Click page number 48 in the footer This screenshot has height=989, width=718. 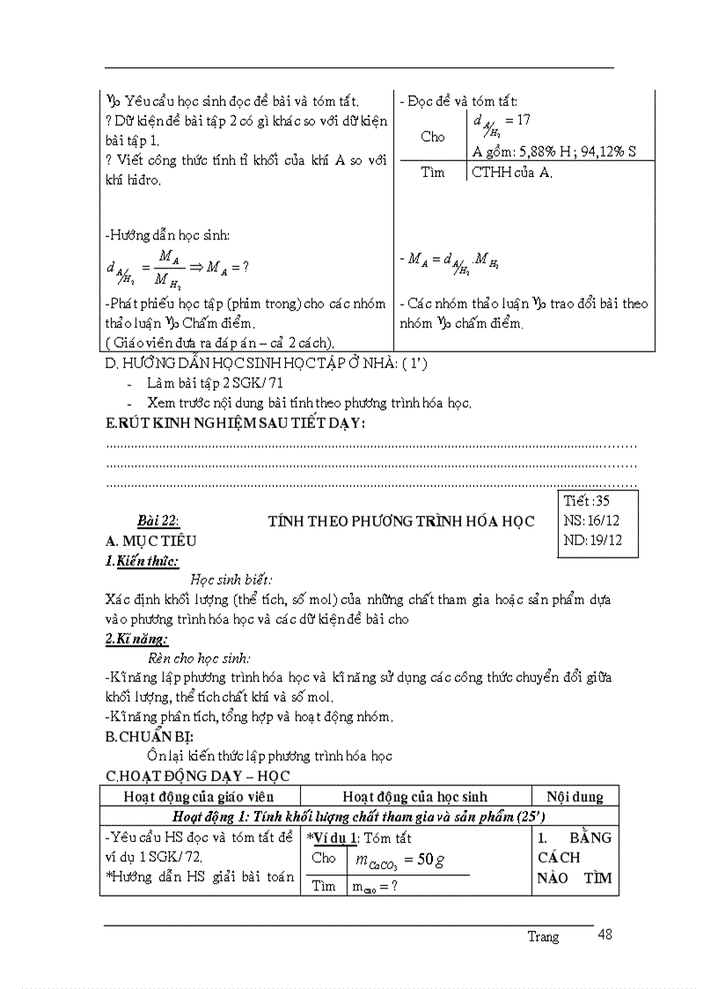tap(604, 934)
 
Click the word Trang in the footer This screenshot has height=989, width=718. tap(543, 937)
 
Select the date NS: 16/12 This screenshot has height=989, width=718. tap(590, 520)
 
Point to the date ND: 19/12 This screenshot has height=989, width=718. tap(590, 540)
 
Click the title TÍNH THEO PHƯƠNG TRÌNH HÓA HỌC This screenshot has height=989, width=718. tap(401, 521)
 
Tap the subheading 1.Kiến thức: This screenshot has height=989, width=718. tap(142, 561)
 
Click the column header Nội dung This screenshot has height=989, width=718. tap(575, 796)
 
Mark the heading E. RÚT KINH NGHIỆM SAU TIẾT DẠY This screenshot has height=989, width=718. tap(235, 424)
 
